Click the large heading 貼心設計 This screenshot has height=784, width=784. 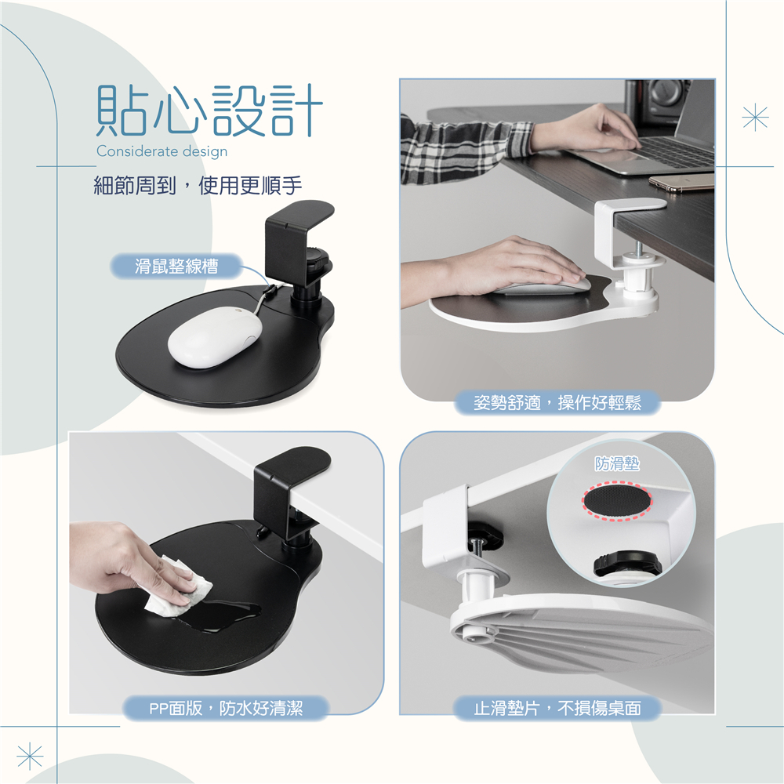tap(209, 111)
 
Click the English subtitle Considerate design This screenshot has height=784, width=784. tap(162, 151)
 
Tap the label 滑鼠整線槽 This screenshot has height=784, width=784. tap(176, 266)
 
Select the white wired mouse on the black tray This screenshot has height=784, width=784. tap(215, 337)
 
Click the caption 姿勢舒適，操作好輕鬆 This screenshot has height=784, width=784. tap(557, 402)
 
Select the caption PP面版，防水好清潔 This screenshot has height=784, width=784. tap(226, 708)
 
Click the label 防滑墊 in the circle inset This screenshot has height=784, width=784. tap(617, 464)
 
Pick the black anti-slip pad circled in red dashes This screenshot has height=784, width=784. tap(617, 500)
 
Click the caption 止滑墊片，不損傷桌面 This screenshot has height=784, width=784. tap(557, 708)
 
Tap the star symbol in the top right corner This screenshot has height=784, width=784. tap(755, 118)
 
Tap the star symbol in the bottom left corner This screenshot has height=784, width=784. tap(30, 756)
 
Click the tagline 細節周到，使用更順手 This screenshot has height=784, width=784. tap(198, 186)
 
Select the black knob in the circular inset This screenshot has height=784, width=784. tap(627, 562)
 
